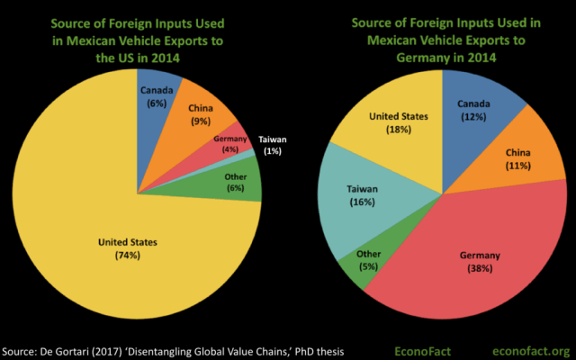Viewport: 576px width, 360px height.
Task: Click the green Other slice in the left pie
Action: [x=236, y=181]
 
